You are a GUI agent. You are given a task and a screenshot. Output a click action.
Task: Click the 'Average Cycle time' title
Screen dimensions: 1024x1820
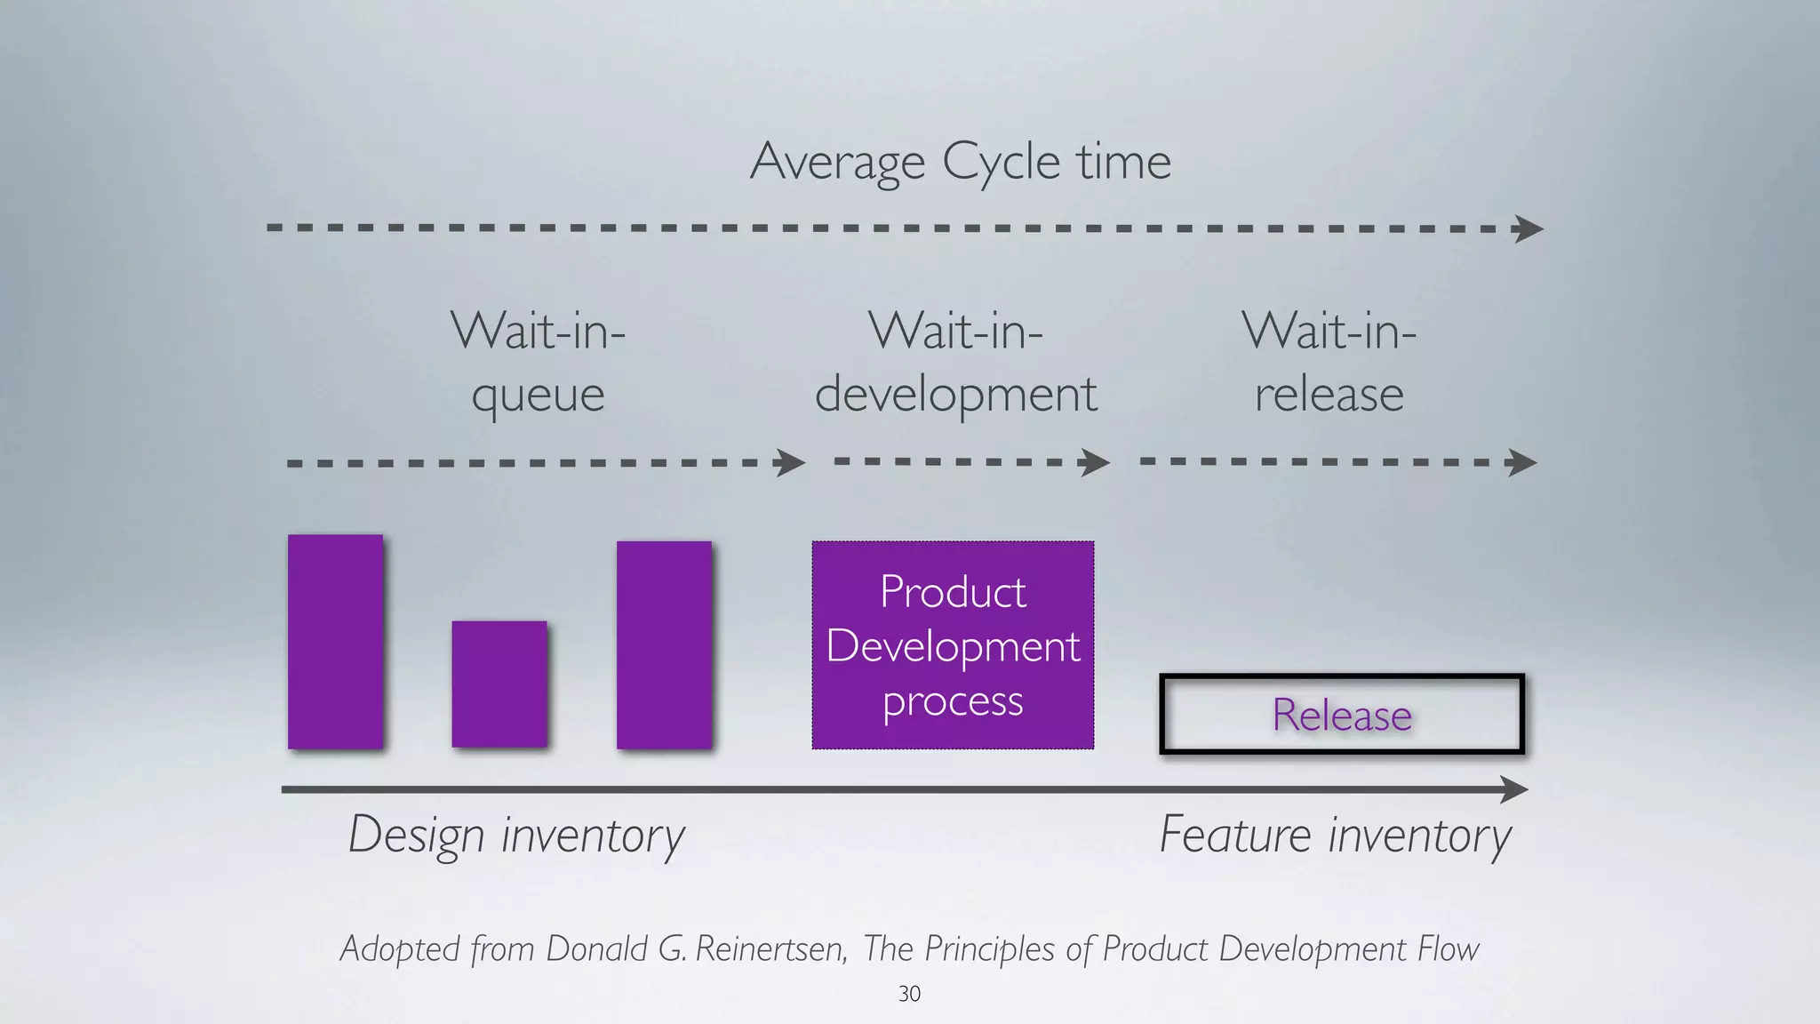click(x=960, y=162)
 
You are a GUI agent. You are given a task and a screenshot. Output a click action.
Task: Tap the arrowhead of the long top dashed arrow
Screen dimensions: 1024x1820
click(x=1529, y=228)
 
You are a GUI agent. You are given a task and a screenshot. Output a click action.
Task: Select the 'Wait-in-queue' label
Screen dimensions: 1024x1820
click(x=539, y=362)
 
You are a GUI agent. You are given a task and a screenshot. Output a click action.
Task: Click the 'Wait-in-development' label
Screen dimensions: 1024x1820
click(x=956, y=362)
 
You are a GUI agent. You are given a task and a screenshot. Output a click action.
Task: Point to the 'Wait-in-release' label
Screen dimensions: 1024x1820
click(x=1329, y=362)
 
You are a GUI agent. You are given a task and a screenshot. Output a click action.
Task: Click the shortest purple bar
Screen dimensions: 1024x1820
click(x=499, y=684)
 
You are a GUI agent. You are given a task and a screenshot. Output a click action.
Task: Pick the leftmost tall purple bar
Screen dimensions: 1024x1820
click(x=335, y=642)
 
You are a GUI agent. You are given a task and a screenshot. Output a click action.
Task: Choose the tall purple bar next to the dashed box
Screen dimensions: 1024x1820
click(x=664, y=645)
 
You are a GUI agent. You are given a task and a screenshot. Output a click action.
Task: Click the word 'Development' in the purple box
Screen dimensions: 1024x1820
click(x=953, y=646)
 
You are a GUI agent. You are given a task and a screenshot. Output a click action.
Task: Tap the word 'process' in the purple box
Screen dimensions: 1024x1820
click(x=953, y=702)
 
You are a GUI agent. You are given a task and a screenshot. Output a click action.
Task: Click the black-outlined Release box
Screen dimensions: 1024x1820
click(x=1342, y=715)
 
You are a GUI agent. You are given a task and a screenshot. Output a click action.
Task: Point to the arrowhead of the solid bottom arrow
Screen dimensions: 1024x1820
click(x=1514, y=789)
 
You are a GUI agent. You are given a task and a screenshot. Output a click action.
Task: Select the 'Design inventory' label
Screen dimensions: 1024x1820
click(x=516, y=836)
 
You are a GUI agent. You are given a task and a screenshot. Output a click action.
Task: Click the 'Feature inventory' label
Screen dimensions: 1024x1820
click(x=1335, y=836)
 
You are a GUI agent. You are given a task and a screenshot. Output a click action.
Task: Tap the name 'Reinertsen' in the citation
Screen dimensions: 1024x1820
click(x=770, y=949)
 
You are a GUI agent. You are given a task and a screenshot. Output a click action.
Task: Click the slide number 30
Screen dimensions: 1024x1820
click(x=909, y=994)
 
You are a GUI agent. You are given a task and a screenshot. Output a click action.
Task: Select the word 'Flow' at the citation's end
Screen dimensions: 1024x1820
click(x=1448, y=949)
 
